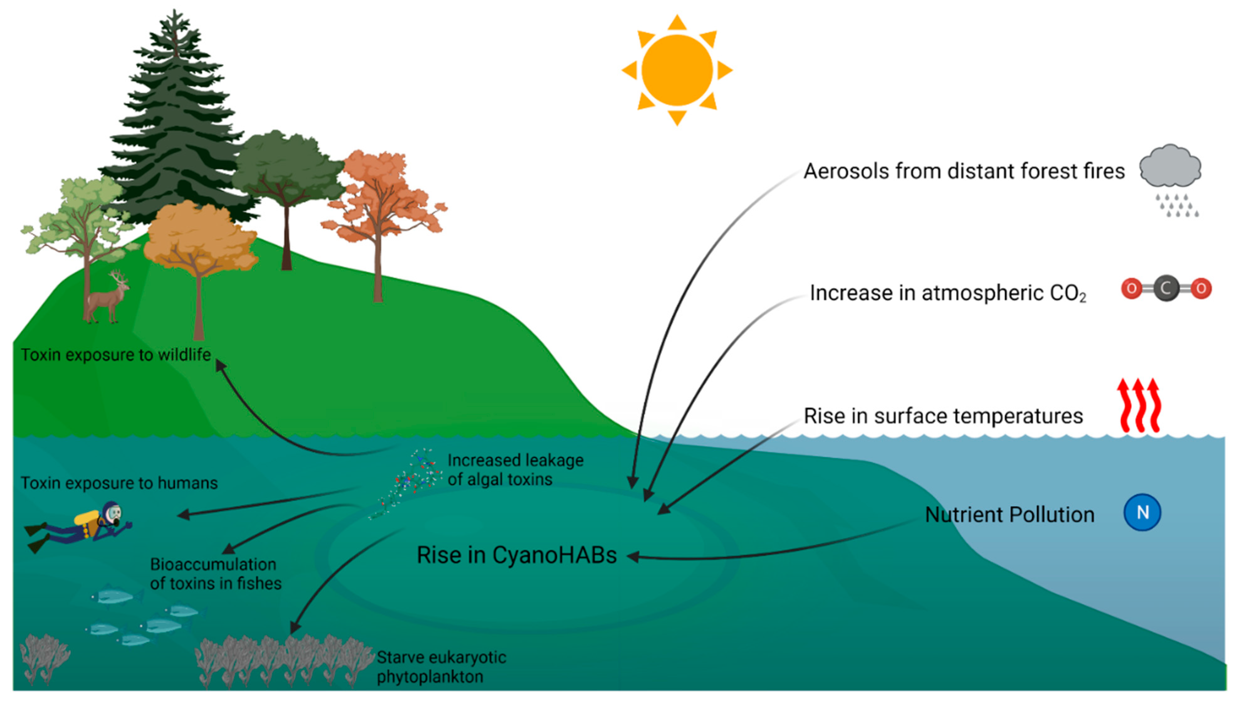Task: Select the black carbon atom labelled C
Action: (x=1166, y=289)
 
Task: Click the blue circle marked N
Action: (x=1142, y=512)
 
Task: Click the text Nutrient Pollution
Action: (x=1010, y=515)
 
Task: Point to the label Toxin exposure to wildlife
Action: (x=116, y=355)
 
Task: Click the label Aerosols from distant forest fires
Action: (x=964, y=172)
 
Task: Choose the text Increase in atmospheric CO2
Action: (x=948, y=293)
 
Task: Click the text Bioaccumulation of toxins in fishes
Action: (x=216, y=574)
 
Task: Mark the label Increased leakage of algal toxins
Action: (x=515, y=470)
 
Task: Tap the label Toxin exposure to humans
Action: (x=119, y=483)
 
